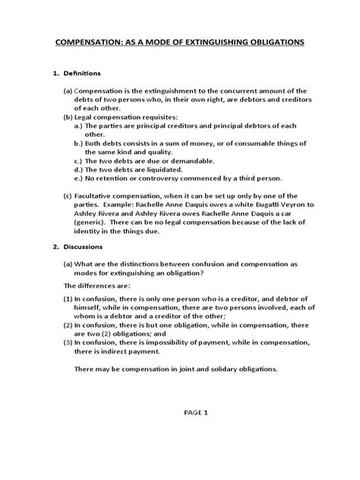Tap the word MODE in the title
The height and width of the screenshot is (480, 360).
coord(137,44)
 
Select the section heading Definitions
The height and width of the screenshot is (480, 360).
coord(85,73)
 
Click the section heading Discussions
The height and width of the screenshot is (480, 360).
coord(86,247)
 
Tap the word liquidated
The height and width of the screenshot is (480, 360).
coord(183,171)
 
